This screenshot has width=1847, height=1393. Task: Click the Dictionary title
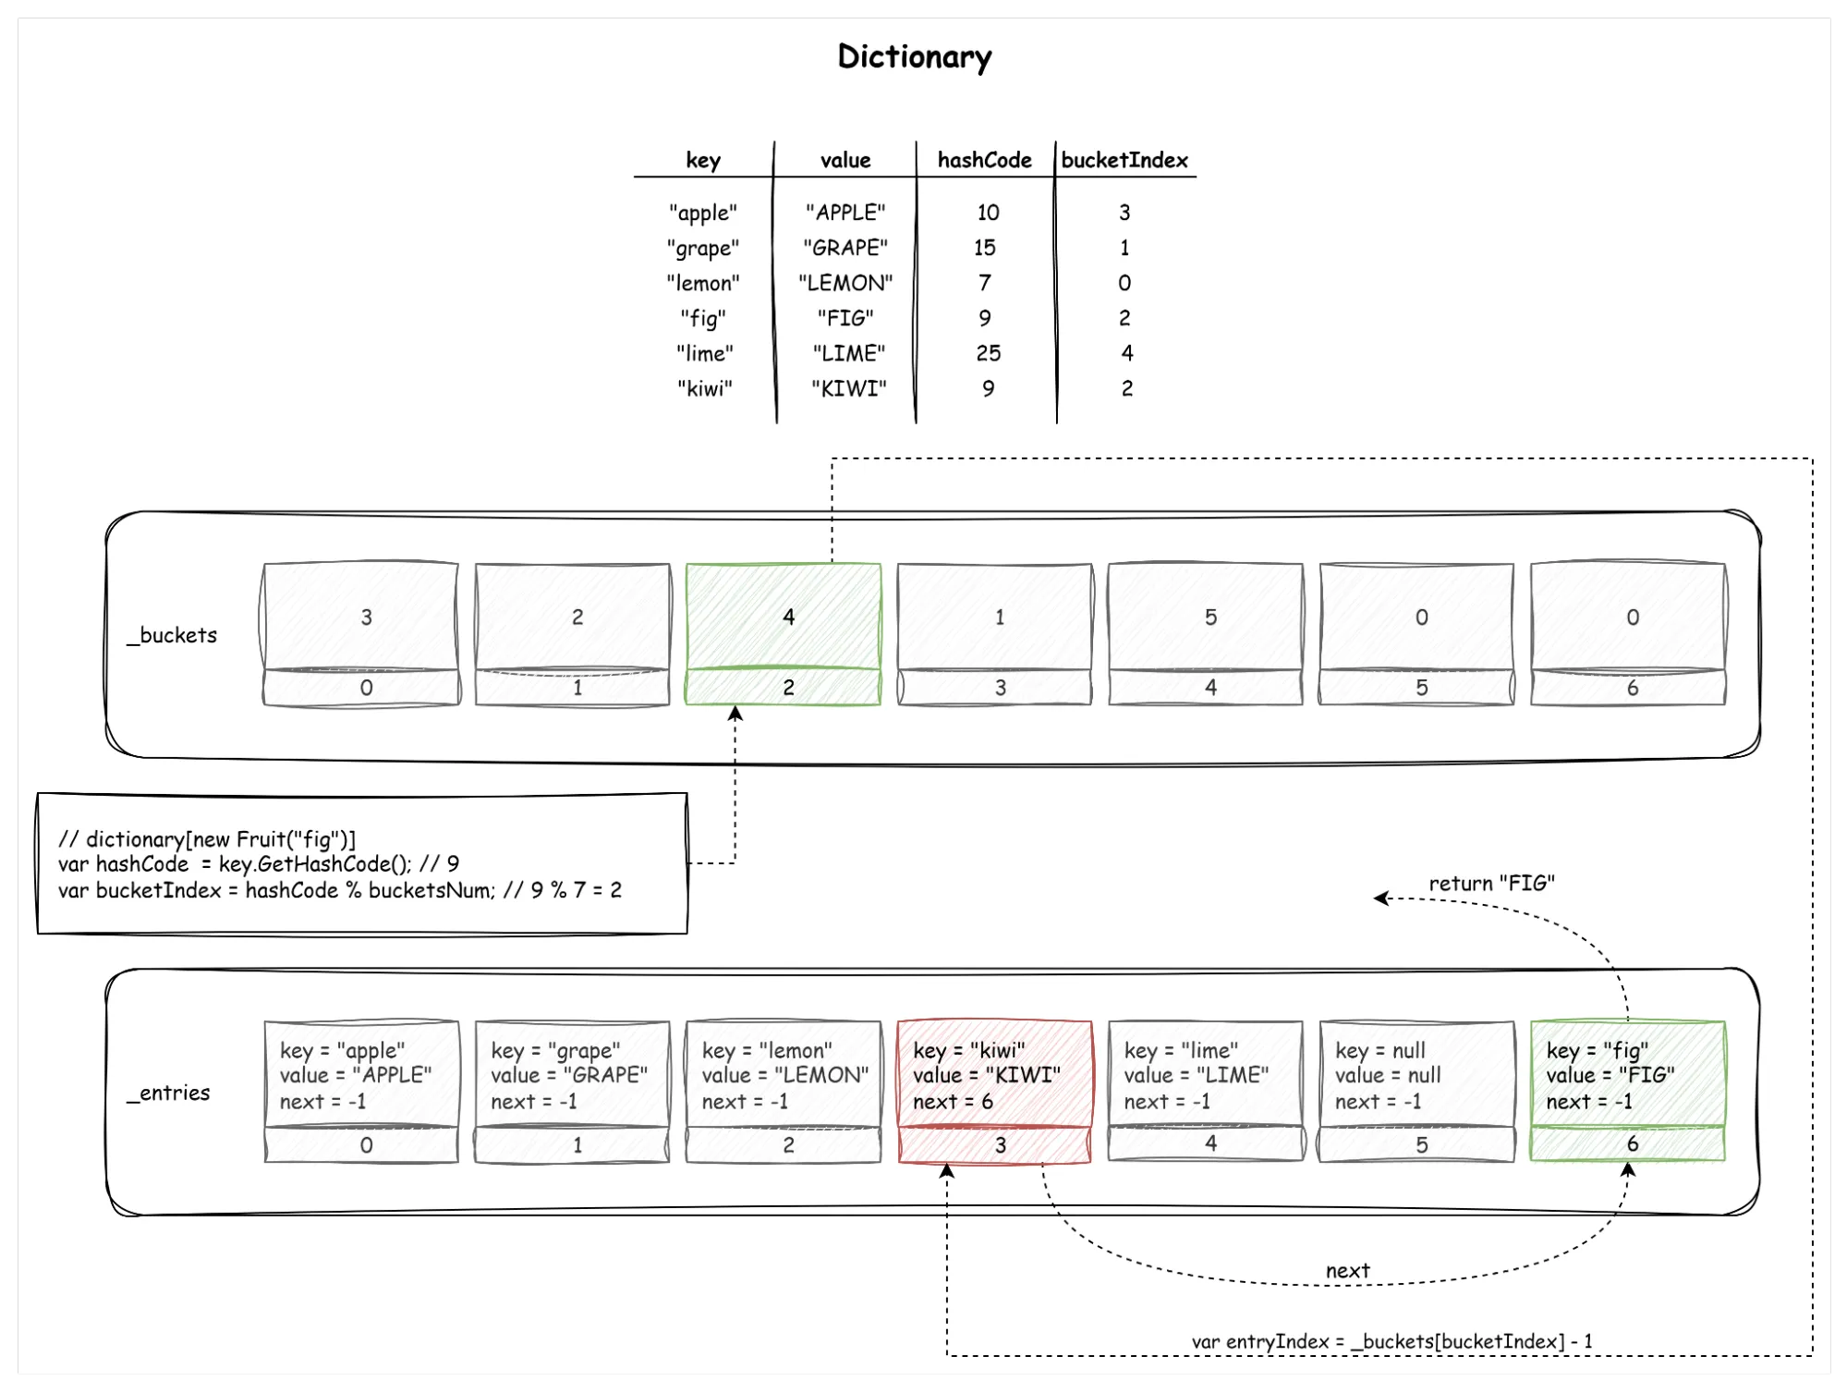click(x=914, y=57)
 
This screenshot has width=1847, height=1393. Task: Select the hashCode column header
click(x=984, y=160)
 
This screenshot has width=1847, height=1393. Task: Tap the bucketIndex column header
click(x=1124, y=160)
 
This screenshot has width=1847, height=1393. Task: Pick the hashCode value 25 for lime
click(x=988, y=353)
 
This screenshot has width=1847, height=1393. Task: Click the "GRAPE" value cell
click(x=845, y=248)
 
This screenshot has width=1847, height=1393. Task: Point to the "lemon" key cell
click(x=703, y=283)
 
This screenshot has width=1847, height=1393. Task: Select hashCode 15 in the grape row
click(x=984, y=248)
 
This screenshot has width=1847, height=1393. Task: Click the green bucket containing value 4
click(x=784, y=616)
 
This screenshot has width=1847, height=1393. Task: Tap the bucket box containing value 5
click(x=1206, y=616)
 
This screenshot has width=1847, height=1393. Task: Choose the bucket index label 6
click(x=1632, y=688)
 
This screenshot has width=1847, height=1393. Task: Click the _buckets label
click(x=173, y=635)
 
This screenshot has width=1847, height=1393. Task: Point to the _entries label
click(x=169, y=1093)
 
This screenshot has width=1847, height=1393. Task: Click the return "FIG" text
click(x=1491, y=883)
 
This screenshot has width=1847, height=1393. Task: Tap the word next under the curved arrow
click(x=1347, y=1270)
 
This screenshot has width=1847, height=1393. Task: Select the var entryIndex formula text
click(x=1391, y=1340)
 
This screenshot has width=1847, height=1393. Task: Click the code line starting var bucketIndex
click(x=340, y=890)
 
